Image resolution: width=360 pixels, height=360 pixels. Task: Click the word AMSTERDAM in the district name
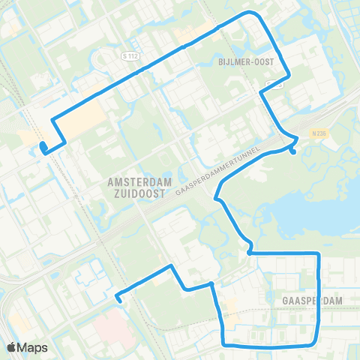point(140,182)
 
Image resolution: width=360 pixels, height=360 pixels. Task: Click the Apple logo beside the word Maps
point(12,347)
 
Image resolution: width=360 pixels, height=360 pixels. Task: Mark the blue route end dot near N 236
point(292,152)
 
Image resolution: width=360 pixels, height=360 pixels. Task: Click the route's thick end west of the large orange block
point(43,147)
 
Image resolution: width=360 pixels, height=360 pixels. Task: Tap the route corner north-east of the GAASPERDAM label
point(319,255)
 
